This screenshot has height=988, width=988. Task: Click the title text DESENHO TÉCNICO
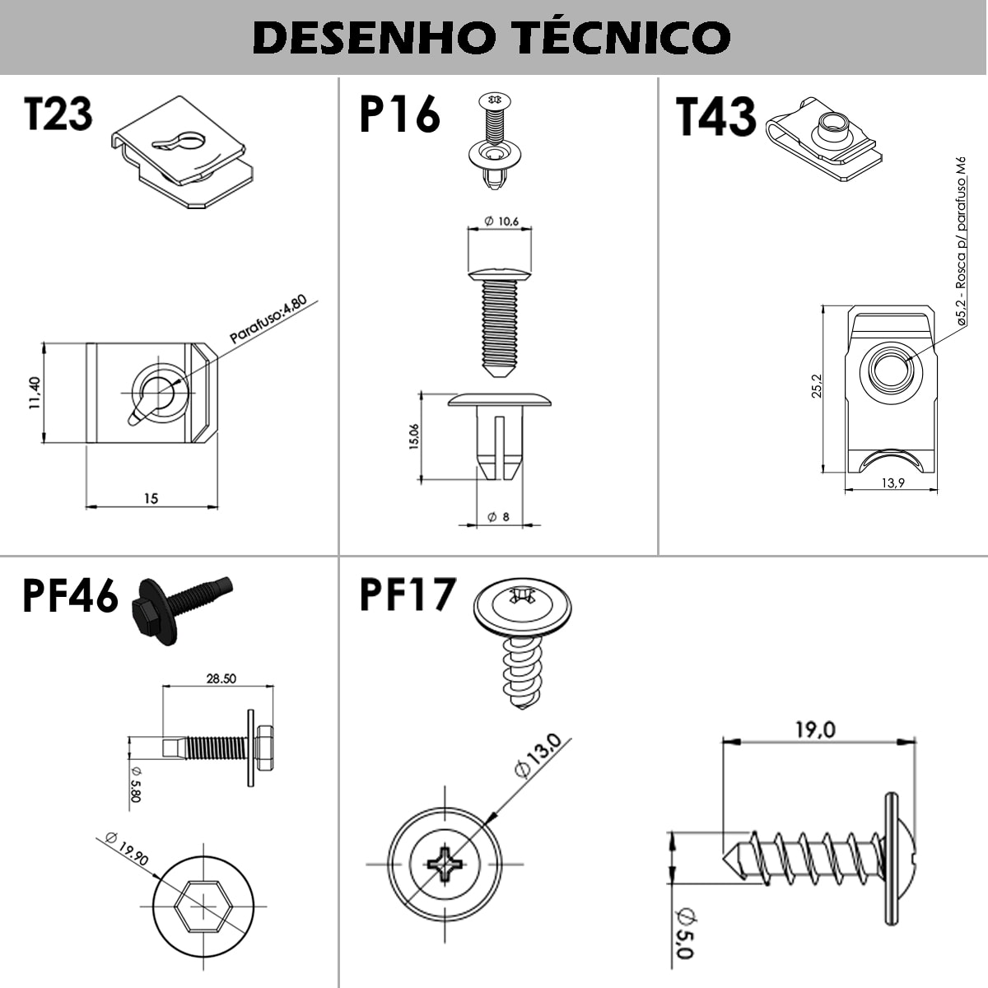click(492, 37)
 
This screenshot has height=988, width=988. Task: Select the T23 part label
click(58, 114)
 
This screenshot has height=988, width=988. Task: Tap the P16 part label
click(399, 114)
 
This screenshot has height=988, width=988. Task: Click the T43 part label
click(715, 116)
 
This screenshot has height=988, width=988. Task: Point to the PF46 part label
click(70, 596)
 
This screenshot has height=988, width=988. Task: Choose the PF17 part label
click(408, 594)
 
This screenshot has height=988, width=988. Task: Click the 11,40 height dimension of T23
click(34, 393)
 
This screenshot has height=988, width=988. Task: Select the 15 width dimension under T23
click(151, 498)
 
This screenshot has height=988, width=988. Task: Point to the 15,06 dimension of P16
click(413, 436)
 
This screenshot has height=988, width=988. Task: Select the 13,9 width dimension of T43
click(892, 482)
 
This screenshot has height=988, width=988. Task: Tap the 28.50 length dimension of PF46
click(220, 678)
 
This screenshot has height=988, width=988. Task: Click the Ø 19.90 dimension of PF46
click(127, 848)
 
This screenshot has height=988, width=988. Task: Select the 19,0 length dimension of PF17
click(815, 729)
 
